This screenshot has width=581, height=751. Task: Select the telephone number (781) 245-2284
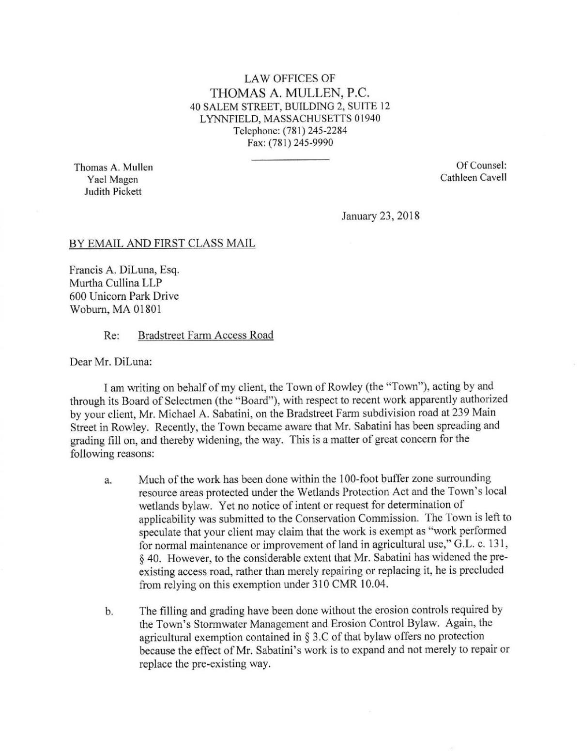pos(310,130)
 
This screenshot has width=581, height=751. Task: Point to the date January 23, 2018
pos(380,216)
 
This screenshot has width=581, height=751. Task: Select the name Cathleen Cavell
pos(473,177)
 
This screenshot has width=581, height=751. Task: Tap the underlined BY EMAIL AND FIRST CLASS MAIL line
pos(162,244)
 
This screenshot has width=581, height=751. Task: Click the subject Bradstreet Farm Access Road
pos(206,335)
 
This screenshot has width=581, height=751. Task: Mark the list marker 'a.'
pos(108,481)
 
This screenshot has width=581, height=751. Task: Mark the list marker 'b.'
pos(108,612)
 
